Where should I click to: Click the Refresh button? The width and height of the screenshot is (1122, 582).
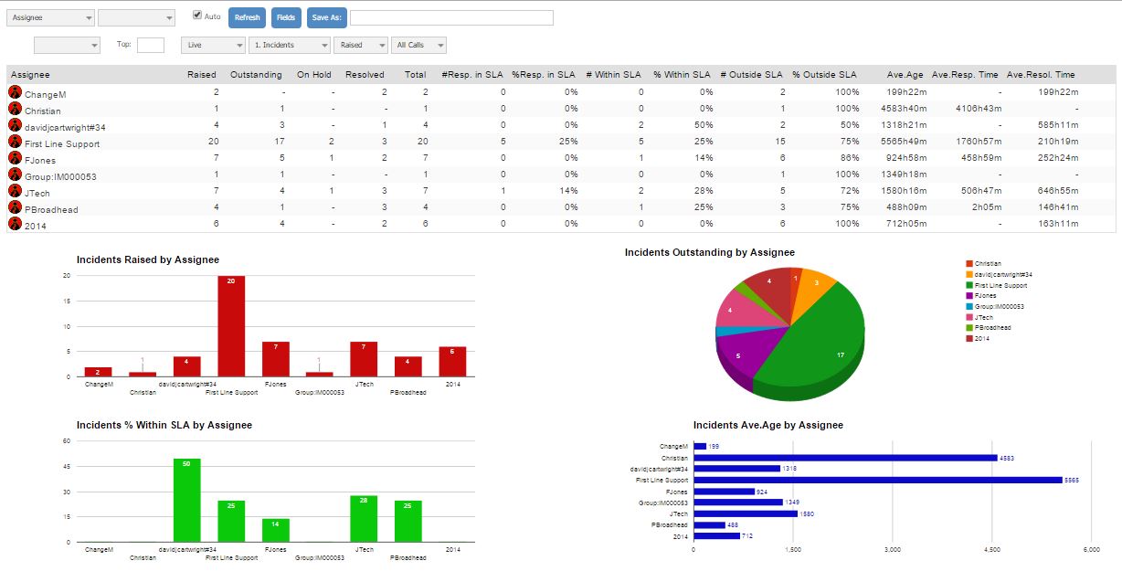click(247, 17)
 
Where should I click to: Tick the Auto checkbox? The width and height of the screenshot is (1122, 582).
click(197, 16)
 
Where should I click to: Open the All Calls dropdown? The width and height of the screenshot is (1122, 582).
click(418, 45)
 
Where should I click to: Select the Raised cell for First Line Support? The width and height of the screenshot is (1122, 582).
click(213, 143)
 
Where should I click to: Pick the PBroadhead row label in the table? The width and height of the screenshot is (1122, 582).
click(51, 210)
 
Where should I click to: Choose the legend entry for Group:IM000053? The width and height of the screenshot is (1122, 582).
click(999, 307)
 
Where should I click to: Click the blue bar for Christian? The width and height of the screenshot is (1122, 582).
click(845, 458)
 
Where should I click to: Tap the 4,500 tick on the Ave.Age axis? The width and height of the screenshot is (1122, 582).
click(992, 550)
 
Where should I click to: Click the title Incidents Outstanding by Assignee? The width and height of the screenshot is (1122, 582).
click(709, 252)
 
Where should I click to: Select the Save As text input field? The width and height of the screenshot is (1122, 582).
click(451, 17)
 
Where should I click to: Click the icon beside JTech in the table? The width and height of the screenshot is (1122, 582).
click(15, 191)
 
